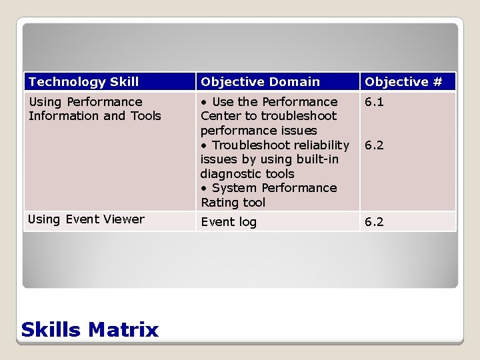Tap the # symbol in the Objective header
437,82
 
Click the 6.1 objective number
374,102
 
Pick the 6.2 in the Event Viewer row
374,222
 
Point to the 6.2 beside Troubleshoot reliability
374,145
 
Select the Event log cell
229,222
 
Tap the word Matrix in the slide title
123,329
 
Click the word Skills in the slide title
51,329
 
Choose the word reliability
317,145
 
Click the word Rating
220,203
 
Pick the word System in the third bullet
234,188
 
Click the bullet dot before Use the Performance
203,102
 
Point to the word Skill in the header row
125,82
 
